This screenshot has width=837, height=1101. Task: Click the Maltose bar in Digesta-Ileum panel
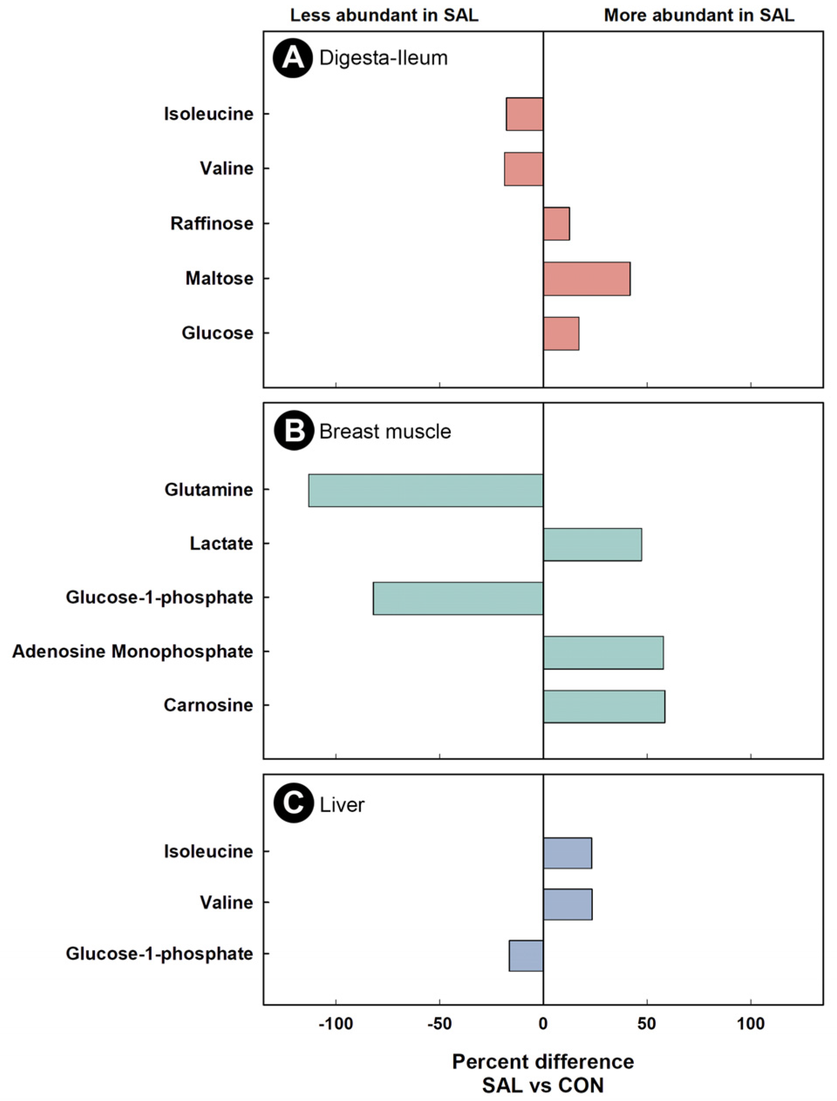pos(586,279)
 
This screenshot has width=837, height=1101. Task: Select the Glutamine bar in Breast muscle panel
pos(425,491)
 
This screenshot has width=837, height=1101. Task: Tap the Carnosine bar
pos(604,706)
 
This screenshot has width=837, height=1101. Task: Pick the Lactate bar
pos(592,544)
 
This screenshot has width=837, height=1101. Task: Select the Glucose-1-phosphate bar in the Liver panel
pos(526,955)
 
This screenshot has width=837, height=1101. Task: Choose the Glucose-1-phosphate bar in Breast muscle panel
pos(458,598)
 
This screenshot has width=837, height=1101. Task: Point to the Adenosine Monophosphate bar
pos(603,652)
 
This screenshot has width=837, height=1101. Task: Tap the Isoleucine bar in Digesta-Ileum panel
pos(524,114)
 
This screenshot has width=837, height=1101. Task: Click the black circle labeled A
pos(293,58)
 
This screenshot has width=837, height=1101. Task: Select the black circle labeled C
pos(293,804)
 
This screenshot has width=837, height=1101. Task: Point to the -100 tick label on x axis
pos(335,1024)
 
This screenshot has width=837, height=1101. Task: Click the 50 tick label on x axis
pos(646,1024)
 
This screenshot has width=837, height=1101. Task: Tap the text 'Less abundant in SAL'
pos(384,15)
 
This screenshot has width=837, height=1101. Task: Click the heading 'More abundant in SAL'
pos(699,15)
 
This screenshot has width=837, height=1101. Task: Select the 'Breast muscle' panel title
pos(385,431)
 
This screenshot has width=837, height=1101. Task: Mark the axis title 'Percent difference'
pos(543,1062)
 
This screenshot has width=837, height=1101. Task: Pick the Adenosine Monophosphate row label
pos(133,651)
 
